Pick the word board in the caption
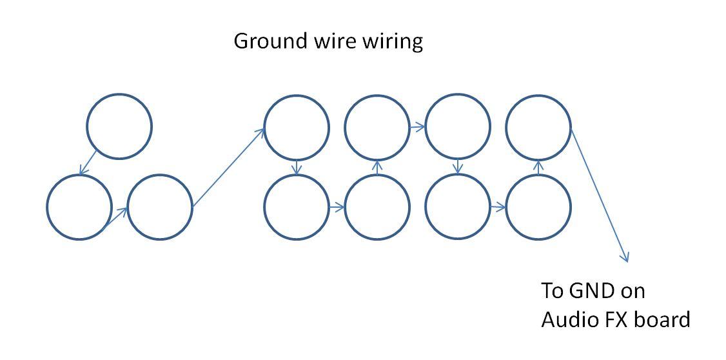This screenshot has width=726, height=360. tap(665, 319)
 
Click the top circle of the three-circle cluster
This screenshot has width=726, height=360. tap(119, 126)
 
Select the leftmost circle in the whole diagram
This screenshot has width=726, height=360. tap(79, 207)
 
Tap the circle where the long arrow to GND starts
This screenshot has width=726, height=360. tap(538, 127)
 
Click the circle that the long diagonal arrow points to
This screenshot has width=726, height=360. tap(296, 127)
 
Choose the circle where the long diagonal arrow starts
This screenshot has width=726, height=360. tap(160, 207)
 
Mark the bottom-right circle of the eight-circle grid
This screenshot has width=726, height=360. tap(538, 207)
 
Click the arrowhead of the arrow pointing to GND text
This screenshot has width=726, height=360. tap(625, 259)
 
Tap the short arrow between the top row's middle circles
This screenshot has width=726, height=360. tap(417, 127)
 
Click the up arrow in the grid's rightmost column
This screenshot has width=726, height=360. tap(538, 167)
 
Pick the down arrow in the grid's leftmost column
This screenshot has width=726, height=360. tap(296, 167)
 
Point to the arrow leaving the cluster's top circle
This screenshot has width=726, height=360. tap(88, 163)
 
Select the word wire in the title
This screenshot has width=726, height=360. tap(329, 41)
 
